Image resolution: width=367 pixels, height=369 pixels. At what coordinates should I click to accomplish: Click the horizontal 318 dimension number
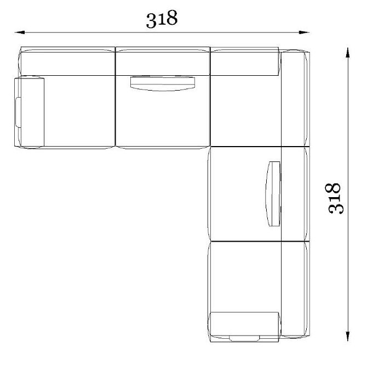coord(162,19)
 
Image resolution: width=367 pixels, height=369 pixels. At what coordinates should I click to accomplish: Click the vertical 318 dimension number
coord(334,198)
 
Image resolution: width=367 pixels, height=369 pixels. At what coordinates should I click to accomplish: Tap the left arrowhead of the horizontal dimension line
coord(20,32)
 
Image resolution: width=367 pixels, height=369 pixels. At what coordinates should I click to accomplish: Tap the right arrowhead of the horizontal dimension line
coord(304,32)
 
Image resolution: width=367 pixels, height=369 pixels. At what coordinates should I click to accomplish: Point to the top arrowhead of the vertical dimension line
coord(348,53)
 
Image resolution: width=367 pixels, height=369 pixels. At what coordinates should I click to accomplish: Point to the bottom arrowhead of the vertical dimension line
coord(348,336)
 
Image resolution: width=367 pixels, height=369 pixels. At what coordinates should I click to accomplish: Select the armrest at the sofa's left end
coord(30,112)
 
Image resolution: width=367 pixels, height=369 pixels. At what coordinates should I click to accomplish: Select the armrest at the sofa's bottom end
coord(244,327)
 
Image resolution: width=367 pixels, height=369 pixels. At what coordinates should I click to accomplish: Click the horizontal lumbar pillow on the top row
coord(163,83)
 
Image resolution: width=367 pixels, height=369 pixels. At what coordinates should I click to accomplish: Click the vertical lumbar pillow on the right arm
coord(273,194)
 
